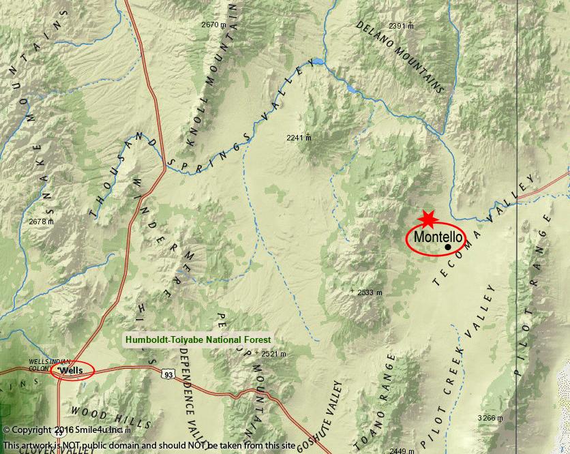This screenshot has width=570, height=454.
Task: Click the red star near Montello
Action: coord(427,219)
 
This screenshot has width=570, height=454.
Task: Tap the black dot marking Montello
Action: coord(448,247)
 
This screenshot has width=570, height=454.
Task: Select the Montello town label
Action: coord(438,237)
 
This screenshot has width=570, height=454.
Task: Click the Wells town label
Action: coord(71,370)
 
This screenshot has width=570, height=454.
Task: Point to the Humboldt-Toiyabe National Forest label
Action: coord(197,339)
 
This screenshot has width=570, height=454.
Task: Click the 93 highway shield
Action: coord(168,374)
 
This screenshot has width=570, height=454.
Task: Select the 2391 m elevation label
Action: coord(401,26)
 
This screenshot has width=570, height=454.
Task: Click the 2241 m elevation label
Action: coord(299,137)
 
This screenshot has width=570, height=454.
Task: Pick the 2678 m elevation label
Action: coord(41,221)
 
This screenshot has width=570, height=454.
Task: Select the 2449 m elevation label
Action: coord(402,451)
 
